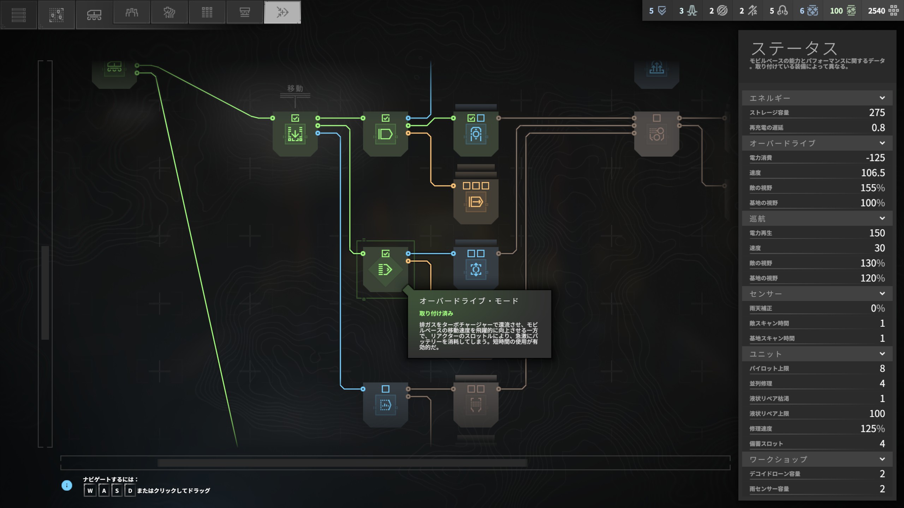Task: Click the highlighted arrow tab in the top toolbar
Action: [x=282, y=13]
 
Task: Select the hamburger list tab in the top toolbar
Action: [x=19, y=14]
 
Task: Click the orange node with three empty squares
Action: [x=476, y=201]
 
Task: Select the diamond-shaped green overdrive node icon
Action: [x=385, y=270]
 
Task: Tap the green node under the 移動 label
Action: [x=295, y=134]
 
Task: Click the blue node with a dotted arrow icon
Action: [x=385, y=405]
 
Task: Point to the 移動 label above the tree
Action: [x=295, y=88]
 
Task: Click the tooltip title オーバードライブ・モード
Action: [x=469, y=301]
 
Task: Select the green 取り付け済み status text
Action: [x=436, y=313]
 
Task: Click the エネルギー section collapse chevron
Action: [x=882, y=98]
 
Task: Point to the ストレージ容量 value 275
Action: [x=877, y=113]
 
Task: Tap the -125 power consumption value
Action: [x=875, y=158]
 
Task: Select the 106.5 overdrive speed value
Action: [x=873, y=173]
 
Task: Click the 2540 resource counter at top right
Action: [x=876, y=11]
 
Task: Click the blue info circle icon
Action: [x=67, y=485]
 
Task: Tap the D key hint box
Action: [x=130, y=491]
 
